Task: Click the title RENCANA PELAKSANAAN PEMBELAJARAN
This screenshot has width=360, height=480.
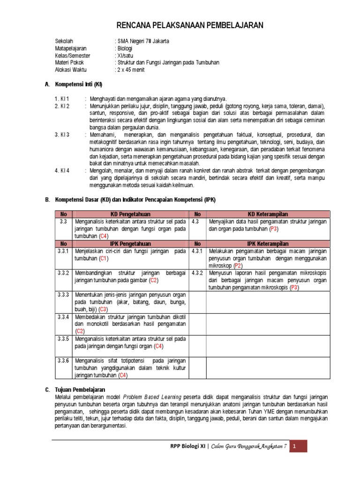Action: (x=190, y=25)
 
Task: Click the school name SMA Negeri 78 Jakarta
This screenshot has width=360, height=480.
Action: (x=142, y=41)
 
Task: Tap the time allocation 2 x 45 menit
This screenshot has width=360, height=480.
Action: (x=131, y=70)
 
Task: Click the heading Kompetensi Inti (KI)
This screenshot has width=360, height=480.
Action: (x=78, y=84)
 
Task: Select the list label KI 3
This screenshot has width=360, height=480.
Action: (x=62, y=135)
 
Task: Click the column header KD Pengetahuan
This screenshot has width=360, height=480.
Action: (x=130, y=214)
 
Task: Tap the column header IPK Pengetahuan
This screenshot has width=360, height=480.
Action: (x=130, y=244)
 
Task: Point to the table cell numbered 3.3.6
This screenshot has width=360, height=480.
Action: (x=63, y=360)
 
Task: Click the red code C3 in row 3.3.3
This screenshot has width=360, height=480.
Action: (x=103, y=309)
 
